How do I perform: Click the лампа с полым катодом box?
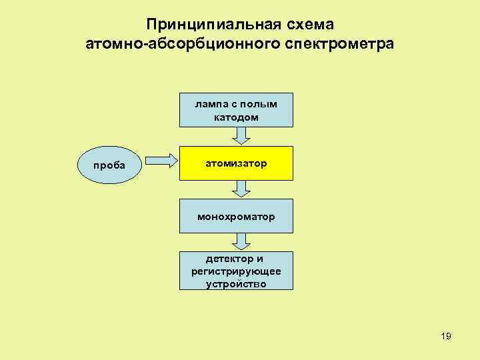point(236,110)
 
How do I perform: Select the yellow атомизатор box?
point(236,163)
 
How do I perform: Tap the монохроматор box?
point(236,216)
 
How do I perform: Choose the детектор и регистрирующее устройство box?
point(236,271)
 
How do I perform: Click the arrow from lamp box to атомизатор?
point(242,135)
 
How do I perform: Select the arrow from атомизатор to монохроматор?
point(242,190)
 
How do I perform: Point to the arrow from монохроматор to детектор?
point(242,242)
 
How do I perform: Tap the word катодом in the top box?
point(236,117)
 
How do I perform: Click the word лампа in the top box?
point(208,104)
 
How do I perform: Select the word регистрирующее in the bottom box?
point(236,271)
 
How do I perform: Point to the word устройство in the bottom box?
point(236,283)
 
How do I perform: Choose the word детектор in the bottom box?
point(225,259)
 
